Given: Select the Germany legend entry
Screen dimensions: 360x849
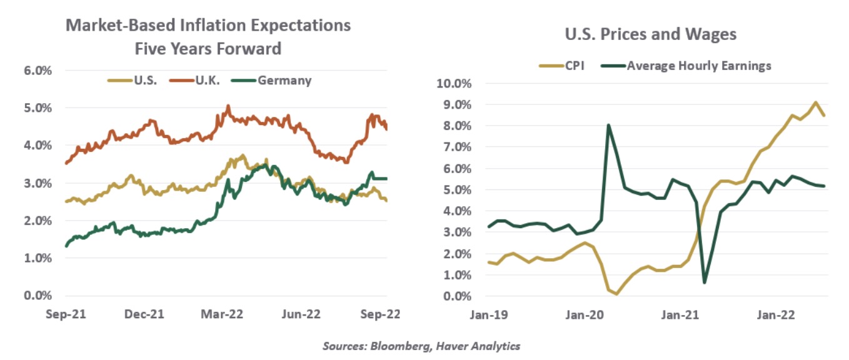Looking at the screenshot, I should (278, 81).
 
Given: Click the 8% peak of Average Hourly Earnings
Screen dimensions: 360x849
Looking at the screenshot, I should (608, 125).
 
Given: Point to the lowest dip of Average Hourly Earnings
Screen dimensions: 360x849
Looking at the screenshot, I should (705, 282).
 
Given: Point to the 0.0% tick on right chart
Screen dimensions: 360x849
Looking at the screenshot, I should (458, 296).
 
